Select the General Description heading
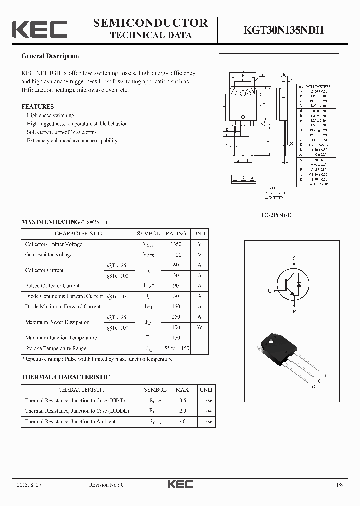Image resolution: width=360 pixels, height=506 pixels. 50,56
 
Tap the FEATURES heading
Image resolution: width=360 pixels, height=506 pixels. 37,107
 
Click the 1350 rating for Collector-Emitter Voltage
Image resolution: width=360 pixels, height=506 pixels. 176,244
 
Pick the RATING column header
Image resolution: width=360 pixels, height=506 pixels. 176,233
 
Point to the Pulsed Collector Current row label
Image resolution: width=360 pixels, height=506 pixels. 52,286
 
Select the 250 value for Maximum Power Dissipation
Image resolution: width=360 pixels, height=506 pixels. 176,317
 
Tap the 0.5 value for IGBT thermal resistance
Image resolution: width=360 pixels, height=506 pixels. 182,400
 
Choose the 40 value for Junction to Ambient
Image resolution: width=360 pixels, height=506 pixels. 182,421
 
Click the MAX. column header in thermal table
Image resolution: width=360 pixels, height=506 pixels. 182,389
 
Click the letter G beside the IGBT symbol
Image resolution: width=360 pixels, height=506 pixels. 270,290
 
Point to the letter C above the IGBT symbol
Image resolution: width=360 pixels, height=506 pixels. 294,258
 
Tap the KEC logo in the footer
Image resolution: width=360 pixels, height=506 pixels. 180,484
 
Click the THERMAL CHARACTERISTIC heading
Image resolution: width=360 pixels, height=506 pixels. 66,377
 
